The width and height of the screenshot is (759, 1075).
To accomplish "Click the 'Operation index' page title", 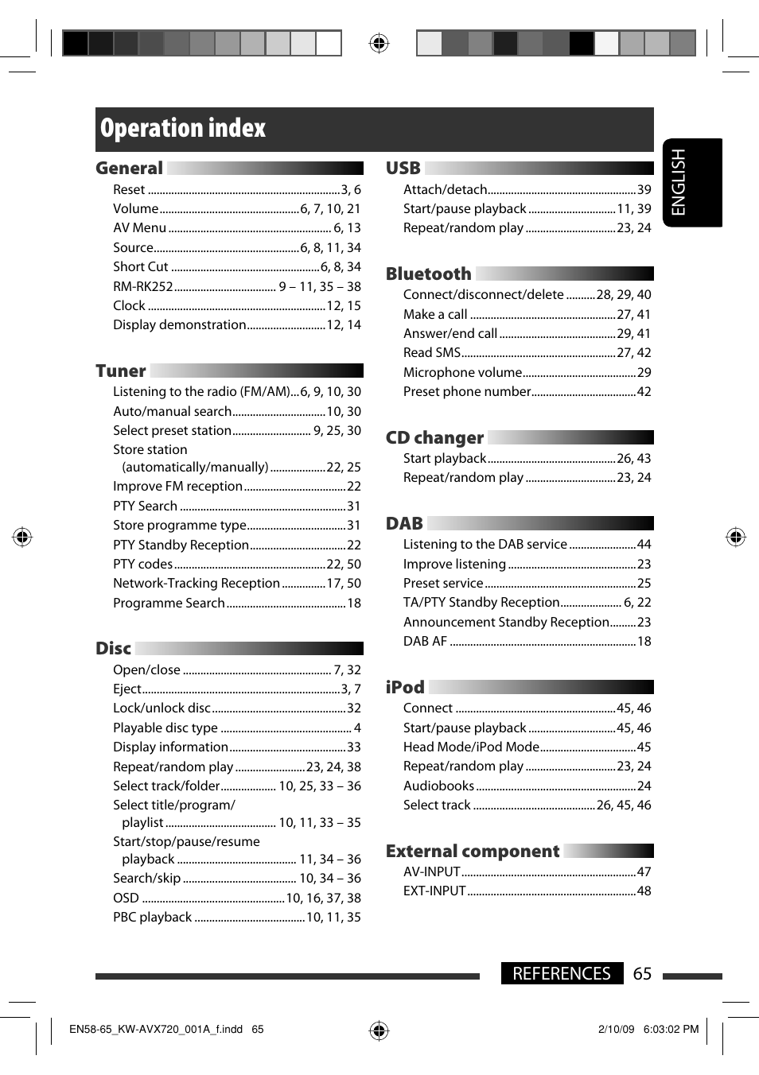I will click(183, 129).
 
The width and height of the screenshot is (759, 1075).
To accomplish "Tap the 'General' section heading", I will click(129, 169).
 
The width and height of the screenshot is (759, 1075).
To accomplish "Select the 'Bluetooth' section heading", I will click(428, 274).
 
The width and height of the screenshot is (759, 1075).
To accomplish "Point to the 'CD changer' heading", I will click(434, 438).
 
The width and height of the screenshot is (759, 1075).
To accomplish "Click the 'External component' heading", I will click(473, 852).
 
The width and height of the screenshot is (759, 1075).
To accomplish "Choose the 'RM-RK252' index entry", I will click(143, 286).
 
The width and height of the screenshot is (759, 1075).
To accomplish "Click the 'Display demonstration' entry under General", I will click(180, 325).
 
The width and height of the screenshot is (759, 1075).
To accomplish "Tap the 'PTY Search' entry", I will click(146, 506).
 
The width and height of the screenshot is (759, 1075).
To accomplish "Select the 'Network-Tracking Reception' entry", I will click(197, 584).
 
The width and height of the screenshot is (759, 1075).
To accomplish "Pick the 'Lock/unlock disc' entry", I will click(162, 708).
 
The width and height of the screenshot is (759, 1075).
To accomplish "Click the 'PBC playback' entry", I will click(153, 918).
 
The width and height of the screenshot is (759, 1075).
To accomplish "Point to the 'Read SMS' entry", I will click(432, 353).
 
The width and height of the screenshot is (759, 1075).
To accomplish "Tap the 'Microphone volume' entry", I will click(462, 373).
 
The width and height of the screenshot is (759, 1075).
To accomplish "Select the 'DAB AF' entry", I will click(425, 642).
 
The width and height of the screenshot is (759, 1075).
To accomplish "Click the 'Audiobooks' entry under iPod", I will click(438, 786).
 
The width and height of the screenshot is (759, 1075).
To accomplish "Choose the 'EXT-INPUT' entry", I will click(434, 891).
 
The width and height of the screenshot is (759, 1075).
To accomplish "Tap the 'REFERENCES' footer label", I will click(562, 974).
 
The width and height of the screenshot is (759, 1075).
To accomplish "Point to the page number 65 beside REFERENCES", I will click(642, 974).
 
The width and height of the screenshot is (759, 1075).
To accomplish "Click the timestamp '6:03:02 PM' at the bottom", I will click(671, 1030).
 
